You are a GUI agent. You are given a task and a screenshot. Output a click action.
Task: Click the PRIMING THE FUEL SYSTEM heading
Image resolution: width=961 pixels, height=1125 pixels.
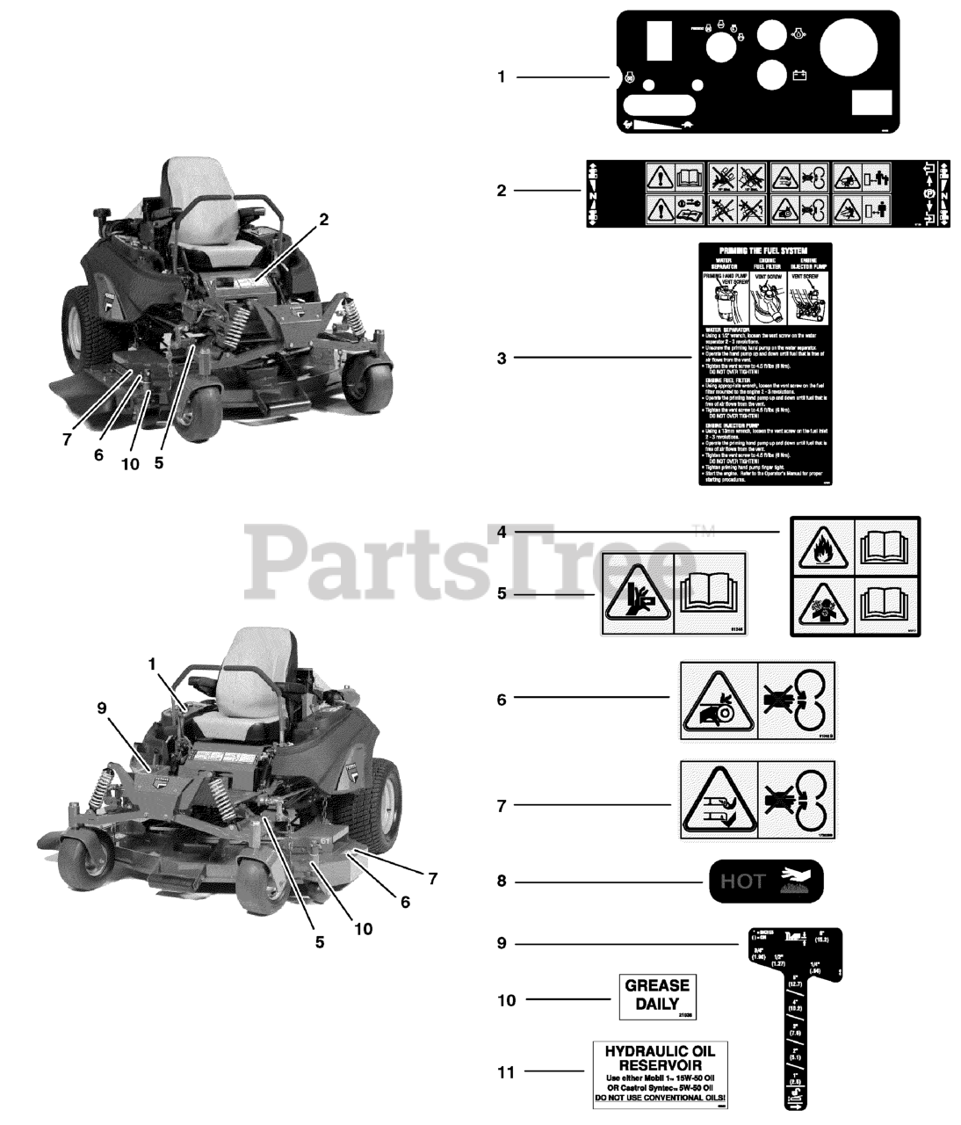(762, 250)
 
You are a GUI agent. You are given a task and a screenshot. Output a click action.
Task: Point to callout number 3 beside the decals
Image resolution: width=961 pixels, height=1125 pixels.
(502, 359)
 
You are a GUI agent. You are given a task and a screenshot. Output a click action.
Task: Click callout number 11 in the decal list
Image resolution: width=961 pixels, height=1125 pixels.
(506, 1072)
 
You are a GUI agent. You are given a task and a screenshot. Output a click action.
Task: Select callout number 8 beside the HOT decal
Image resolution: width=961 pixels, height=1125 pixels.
(502, 881)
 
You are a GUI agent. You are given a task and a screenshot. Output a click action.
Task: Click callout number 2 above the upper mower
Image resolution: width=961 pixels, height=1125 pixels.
(323, 220)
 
